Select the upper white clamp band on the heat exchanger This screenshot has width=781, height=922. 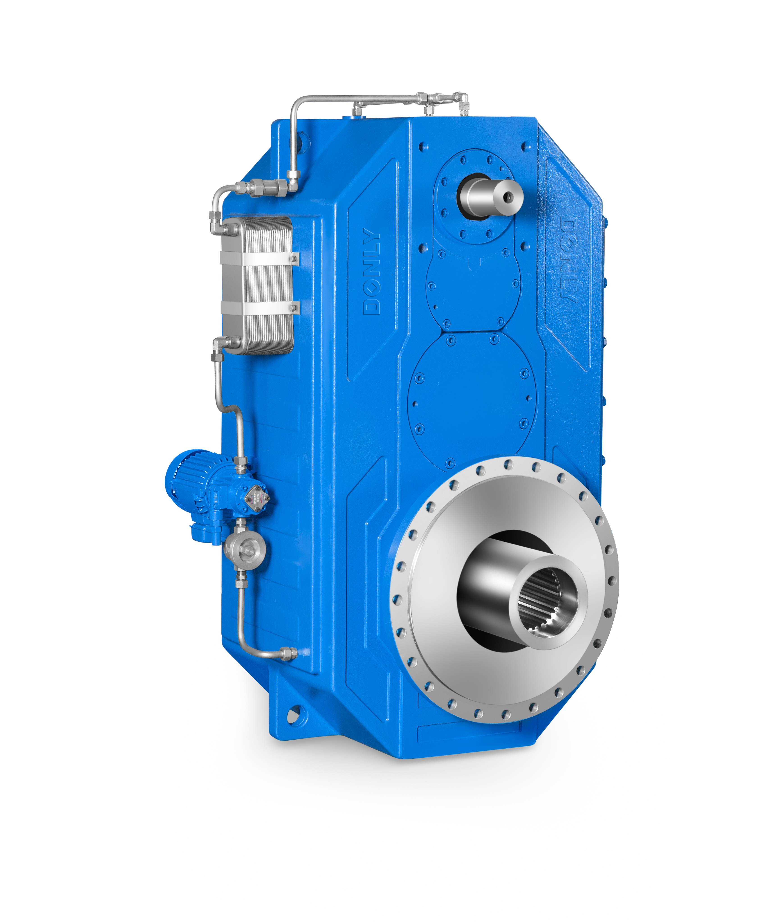click(259, 259)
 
